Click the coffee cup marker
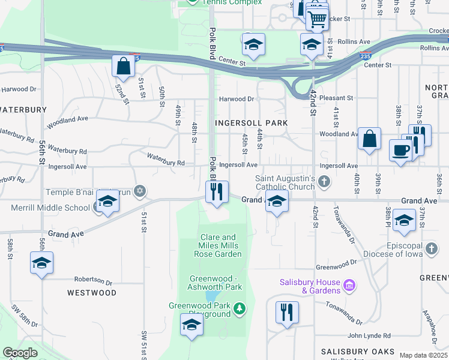(400, 151)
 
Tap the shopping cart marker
(317, 18)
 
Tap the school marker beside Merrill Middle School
(107, 202)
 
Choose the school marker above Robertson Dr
(41, 263)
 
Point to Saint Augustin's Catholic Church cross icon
(324, 180)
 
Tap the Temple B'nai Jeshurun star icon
(139, 191)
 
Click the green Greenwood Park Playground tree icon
(240, 308)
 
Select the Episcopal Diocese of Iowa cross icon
(430, 248)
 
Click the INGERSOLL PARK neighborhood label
(252, 122)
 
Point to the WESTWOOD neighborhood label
(92, 293)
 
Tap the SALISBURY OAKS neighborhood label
(357, 352)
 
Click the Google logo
(20, 353)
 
